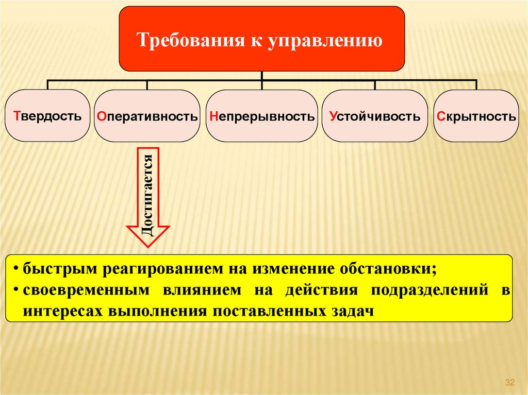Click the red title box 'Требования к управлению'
(x=261, y=39)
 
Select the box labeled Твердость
(x=48, y=115)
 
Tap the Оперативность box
(x=147, y=116)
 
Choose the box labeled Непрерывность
(x=262, y=116)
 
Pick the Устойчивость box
(x=375, y=116)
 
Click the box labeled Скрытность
(x=475, y=116)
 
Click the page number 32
(x=510, y=382)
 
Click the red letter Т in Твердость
(x=16, y=115)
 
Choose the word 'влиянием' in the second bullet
(x=203, y=290)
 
